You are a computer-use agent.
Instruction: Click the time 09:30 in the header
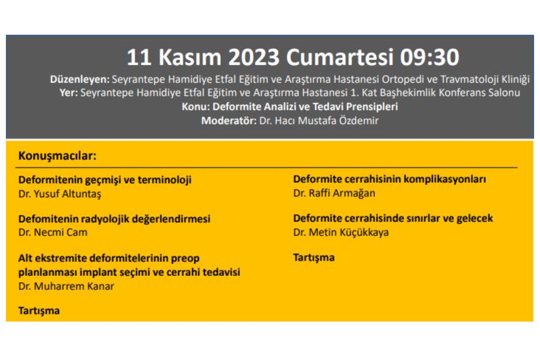[x=429, y=57]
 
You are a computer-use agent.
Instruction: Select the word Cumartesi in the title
[x=339, y=57]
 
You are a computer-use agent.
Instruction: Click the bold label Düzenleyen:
[x=80, y=80]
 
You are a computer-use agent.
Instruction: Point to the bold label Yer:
[x=69, y=93]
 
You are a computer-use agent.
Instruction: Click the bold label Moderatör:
[x=229, y=121]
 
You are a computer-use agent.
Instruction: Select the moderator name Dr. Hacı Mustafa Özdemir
[x=319, y=121]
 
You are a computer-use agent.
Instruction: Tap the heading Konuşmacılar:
[x=57, y=156]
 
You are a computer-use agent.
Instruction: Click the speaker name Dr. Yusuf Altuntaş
[x=60, y=194]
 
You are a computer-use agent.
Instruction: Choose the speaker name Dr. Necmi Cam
[x=53, y=232]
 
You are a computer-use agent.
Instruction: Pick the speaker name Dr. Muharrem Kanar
[x=66, y=286]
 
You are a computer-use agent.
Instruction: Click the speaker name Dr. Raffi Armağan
[x=334, y=193]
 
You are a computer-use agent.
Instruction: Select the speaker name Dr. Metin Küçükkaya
[x=341, y=233]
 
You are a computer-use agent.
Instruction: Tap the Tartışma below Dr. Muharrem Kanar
[x=39, y=311]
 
